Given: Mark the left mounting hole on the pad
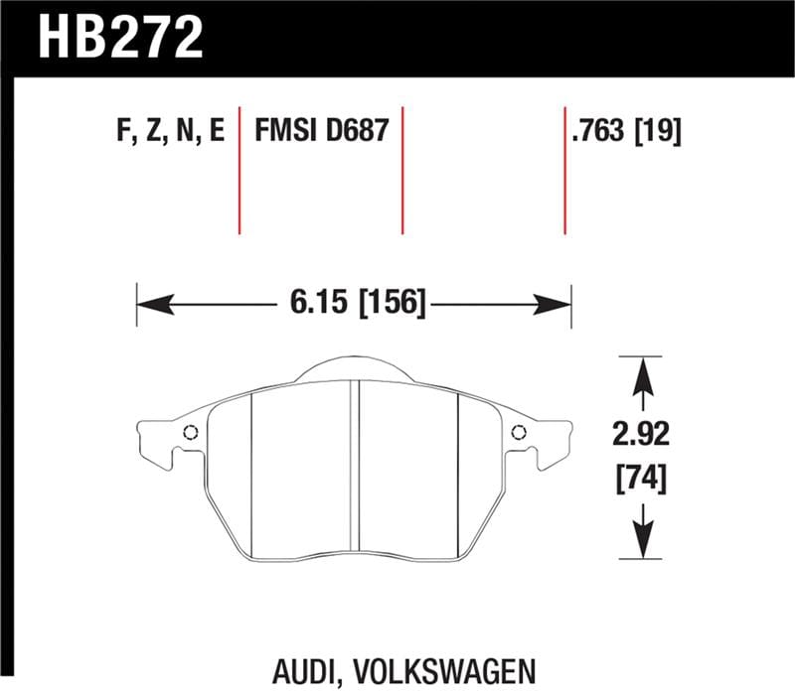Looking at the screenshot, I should (191, 432).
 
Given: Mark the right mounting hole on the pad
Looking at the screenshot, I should (518, 432).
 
